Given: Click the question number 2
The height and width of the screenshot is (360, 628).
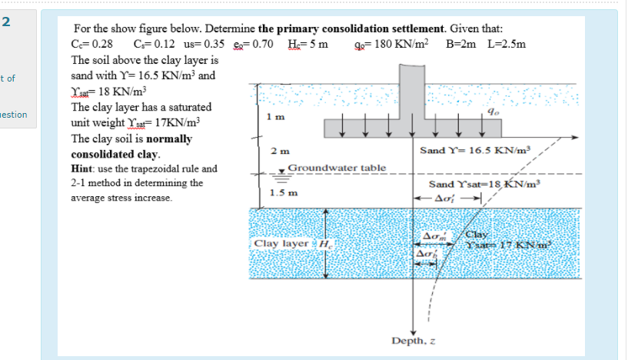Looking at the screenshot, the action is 6,20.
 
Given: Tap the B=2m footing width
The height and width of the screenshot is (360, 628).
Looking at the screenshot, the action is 461,44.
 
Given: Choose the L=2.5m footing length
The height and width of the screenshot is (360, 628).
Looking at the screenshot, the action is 507,44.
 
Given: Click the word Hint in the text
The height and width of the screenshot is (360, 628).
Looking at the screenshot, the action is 84,168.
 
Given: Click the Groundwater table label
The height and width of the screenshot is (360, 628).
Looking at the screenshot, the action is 337,167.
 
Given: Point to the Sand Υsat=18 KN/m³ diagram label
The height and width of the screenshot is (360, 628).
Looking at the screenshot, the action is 485,185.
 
